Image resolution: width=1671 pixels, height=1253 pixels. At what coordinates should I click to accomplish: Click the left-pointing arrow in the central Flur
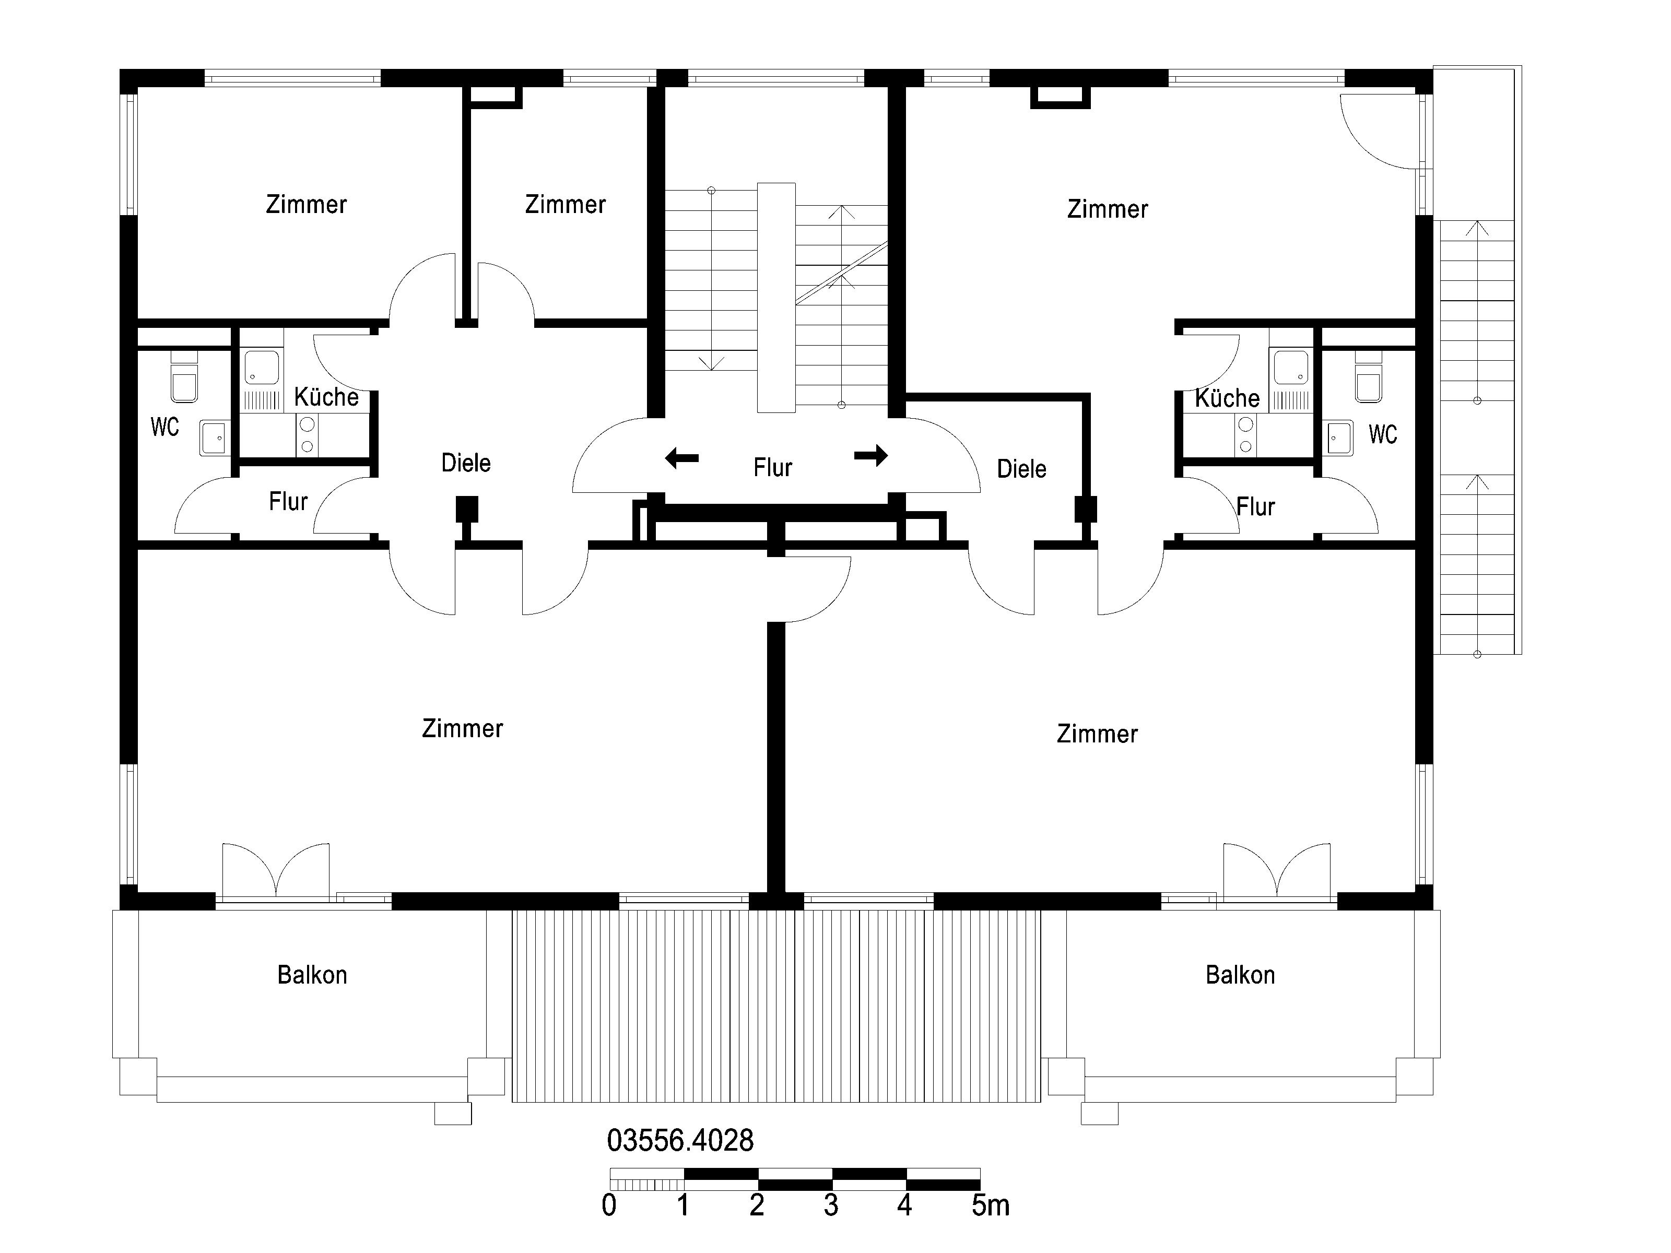[x=681, y=458]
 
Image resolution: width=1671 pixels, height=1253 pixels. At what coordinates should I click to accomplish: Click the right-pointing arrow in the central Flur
[x=871, y=455]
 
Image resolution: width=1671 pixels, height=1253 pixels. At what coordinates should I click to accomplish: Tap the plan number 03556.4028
[x=680, y=1140]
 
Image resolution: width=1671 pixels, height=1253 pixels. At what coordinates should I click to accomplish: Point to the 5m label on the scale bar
[x=991, y=1206]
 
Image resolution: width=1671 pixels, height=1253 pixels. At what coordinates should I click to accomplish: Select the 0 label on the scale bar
[x=609, y=1206]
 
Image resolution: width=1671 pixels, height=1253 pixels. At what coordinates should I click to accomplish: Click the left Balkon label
[x=312, y=975]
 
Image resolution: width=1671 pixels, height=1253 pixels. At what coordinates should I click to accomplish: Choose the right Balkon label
[x=1240, y=975]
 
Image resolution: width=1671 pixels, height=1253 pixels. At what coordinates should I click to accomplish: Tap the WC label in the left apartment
[x=164, y=428]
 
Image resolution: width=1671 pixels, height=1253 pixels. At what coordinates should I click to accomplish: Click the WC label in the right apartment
[x=1382, y=434]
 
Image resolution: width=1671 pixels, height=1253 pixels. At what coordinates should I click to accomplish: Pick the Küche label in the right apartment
[x=1227, y=398]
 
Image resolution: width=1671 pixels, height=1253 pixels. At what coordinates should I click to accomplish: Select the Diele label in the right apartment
[x=1021, y=469]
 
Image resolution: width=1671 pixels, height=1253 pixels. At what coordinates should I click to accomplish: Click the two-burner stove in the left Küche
[x=307, y=435]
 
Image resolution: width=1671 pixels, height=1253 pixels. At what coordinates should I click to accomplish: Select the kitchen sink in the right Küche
[x=1291, y=368]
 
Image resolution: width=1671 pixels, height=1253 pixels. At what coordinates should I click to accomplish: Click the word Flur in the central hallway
[x=772, y=467]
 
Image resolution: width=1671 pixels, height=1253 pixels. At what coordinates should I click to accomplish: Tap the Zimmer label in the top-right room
[x=1108, y=209]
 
